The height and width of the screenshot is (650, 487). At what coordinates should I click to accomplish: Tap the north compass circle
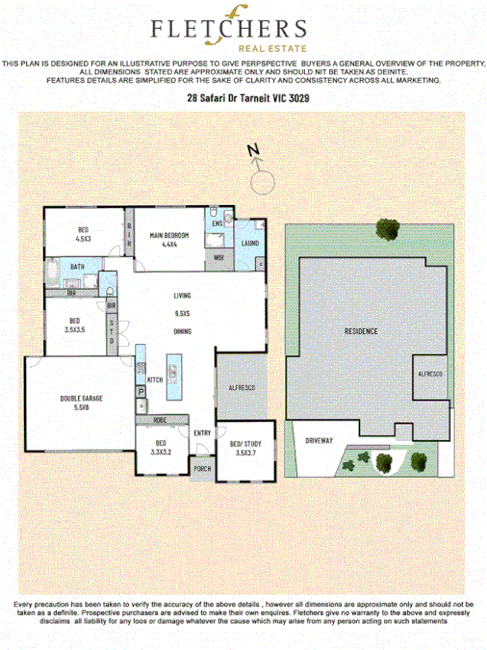260,181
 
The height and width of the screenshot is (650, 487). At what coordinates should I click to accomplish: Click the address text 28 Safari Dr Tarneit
243,98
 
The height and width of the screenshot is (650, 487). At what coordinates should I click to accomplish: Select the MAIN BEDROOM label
169,236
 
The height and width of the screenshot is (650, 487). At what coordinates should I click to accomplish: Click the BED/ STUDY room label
245,444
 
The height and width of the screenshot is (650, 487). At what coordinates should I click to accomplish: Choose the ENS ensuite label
218,223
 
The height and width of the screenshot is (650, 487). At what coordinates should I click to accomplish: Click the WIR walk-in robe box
218,257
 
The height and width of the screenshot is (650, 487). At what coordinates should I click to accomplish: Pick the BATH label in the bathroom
77,267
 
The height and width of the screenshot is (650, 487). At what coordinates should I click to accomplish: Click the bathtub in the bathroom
52,273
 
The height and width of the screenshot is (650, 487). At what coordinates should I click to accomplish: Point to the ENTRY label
202,432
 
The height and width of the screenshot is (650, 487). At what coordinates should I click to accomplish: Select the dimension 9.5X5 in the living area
181,313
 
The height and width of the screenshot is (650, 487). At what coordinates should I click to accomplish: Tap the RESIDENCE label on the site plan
361,330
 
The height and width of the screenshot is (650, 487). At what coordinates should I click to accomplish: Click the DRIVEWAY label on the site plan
320,439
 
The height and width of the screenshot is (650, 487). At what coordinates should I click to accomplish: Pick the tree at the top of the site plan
388,229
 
